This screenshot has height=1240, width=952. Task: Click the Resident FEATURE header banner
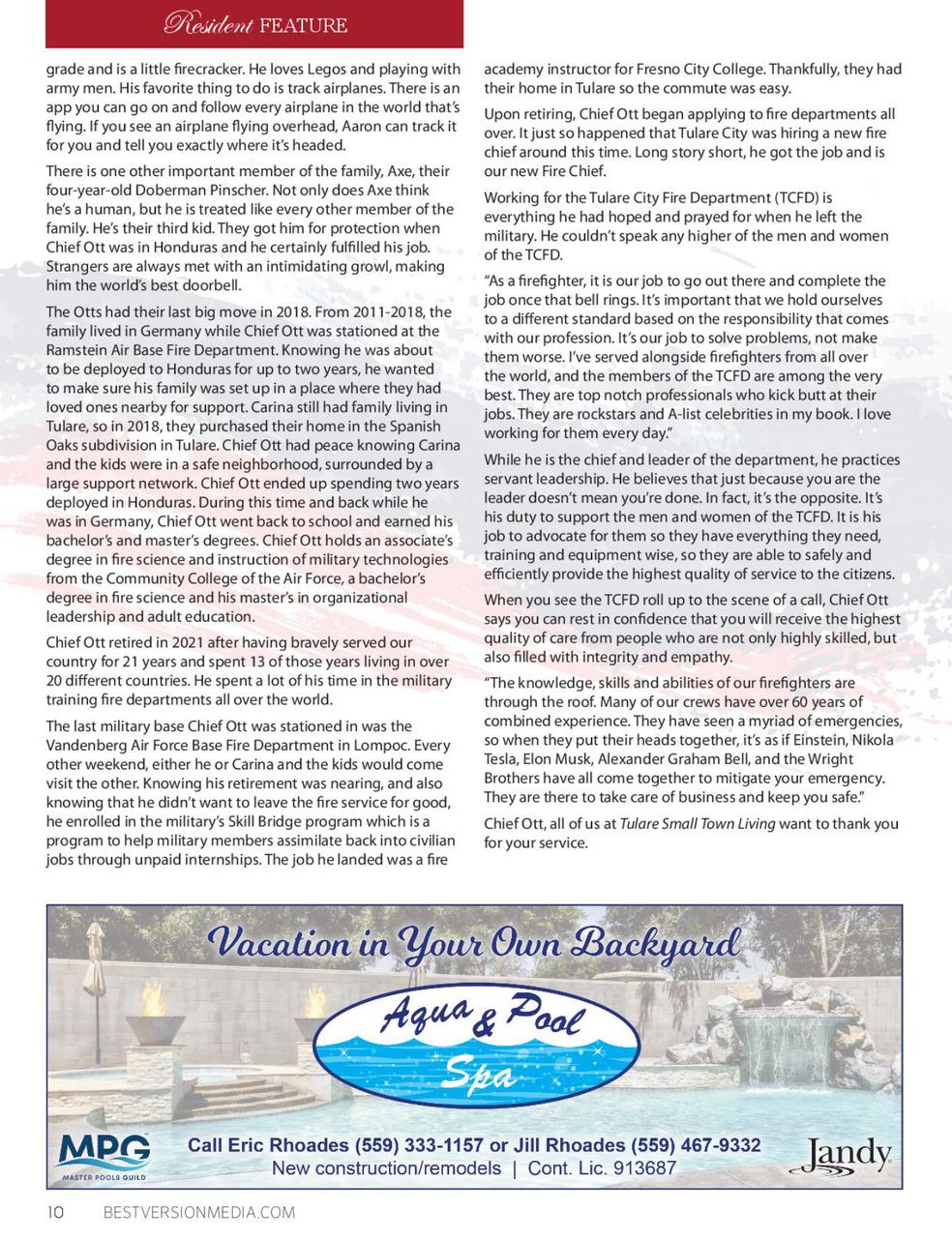pos(255,24)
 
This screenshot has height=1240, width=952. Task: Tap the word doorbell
pos(209,285)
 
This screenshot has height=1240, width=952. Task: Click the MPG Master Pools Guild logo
pos(104,1155)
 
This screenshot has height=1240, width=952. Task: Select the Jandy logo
pos(848,1153)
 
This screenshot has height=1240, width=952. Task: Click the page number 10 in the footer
pos(53,1213)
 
